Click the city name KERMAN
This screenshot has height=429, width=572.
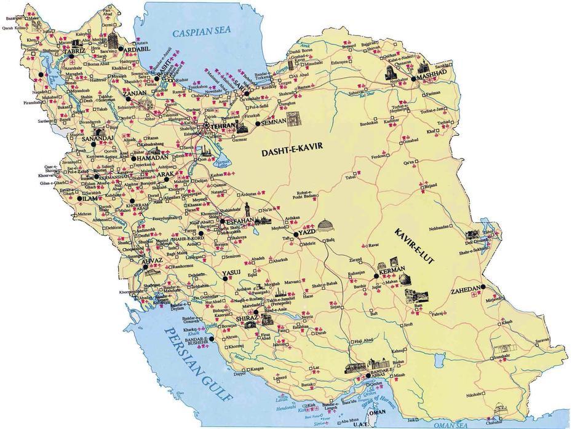390,270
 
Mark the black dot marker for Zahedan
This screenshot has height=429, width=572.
484,287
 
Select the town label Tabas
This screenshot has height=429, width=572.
351,177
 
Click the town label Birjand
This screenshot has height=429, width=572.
430,184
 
